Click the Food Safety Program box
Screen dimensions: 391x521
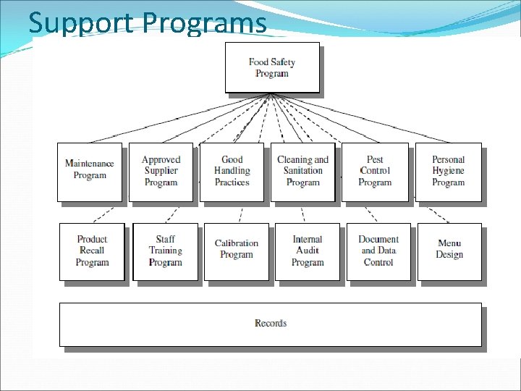click(272, 67)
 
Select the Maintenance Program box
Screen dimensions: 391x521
click(90, 172)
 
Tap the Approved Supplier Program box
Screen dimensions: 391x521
click(161, 172)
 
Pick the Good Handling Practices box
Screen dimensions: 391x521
click(232, 172)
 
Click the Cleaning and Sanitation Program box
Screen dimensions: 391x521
click(302, 172)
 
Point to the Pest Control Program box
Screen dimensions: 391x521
click(375, 172)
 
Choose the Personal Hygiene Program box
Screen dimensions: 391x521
click(448, 172)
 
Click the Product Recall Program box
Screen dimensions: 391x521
click(92, 251)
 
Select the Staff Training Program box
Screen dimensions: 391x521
click(165, 251)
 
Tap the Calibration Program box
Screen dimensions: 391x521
click(236, 251)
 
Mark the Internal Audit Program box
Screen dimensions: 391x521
click(308, 251)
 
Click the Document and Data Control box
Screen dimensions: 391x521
click(378, 251)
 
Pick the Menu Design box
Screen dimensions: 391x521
click(449, 251)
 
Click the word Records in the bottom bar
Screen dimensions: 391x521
click(271, 323)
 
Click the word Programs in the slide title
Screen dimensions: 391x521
click(204, 23)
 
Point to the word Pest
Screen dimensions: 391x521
click(375, 159)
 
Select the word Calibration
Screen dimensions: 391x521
click(236, 243)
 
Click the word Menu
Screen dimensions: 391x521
click(449, 243)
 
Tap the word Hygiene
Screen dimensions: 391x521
click(448, 171)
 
